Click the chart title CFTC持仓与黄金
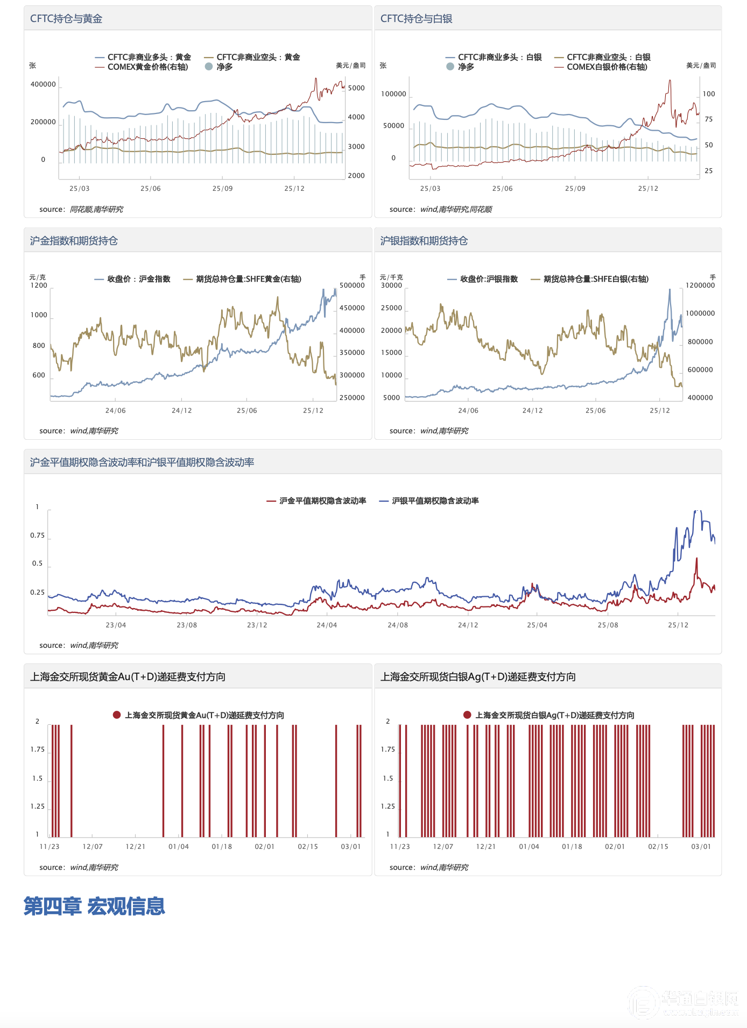point(66,19)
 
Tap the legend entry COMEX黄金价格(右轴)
point(147,67)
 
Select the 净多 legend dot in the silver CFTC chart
point(450,67)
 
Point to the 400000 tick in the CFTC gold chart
point(43,84)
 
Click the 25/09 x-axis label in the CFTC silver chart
point(575,189)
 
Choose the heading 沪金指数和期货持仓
point(74,241)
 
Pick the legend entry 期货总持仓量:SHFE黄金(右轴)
point(248,279)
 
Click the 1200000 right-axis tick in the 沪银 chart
point(700,285)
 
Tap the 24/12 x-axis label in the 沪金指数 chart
point(181,411)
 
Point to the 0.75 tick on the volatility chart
point(37,536)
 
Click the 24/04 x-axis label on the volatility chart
point(327,625)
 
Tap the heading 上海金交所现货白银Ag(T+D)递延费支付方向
point(478,677)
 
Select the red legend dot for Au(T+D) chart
point(117,715)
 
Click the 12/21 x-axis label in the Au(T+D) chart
point(135,847)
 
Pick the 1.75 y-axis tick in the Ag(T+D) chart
point(387,749)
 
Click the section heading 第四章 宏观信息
point(94,906)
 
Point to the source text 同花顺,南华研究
point(96,210)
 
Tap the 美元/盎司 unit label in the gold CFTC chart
point(350,66)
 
